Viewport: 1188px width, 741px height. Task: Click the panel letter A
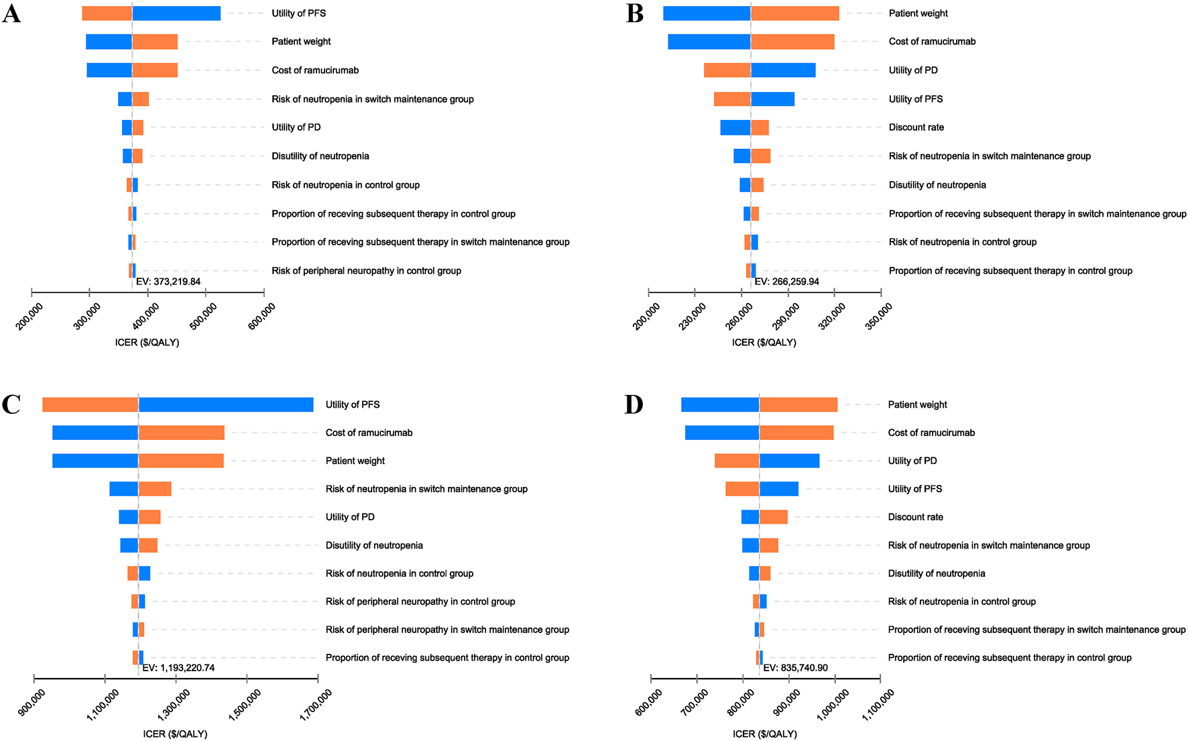(x=11, y=13)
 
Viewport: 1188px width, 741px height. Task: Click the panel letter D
(x=634, y=405)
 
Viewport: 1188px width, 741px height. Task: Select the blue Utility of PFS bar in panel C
(x=226, y=405)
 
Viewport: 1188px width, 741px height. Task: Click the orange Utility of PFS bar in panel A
(x=107, y=13)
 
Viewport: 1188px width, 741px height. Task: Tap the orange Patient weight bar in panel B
(x=794, y=13)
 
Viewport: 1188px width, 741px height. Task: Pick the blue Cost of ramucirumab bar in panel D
(x=722, y=433)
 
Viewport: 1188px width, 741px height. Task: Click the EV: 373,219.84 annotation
(x=168, y=282)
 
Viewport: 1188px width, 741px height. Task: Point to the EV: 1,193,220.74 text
(x=178, y=668)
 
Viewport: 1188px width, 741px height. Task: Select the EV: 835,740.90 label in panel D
(x=796, y=668)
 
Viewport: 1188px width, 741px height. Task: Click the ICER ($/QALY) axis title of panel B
(x=764, y=343)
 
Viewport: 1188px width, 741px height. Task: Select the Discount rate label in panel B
(x=916, y=127)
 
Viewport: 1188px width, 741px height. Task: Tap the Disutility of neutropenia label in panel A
(x=320, y=156)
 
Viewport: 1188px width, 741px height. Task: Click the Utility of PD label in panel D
(x=912, y=461)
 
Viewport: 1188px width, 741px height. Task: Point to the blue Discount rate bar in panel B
(x=735, y=127)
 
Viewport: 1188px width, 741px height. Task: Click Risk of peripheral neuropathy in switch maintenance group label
(x=447, y=630)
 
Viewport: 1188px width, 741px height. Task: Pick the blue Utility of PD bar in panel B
(x=783, y=70)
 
